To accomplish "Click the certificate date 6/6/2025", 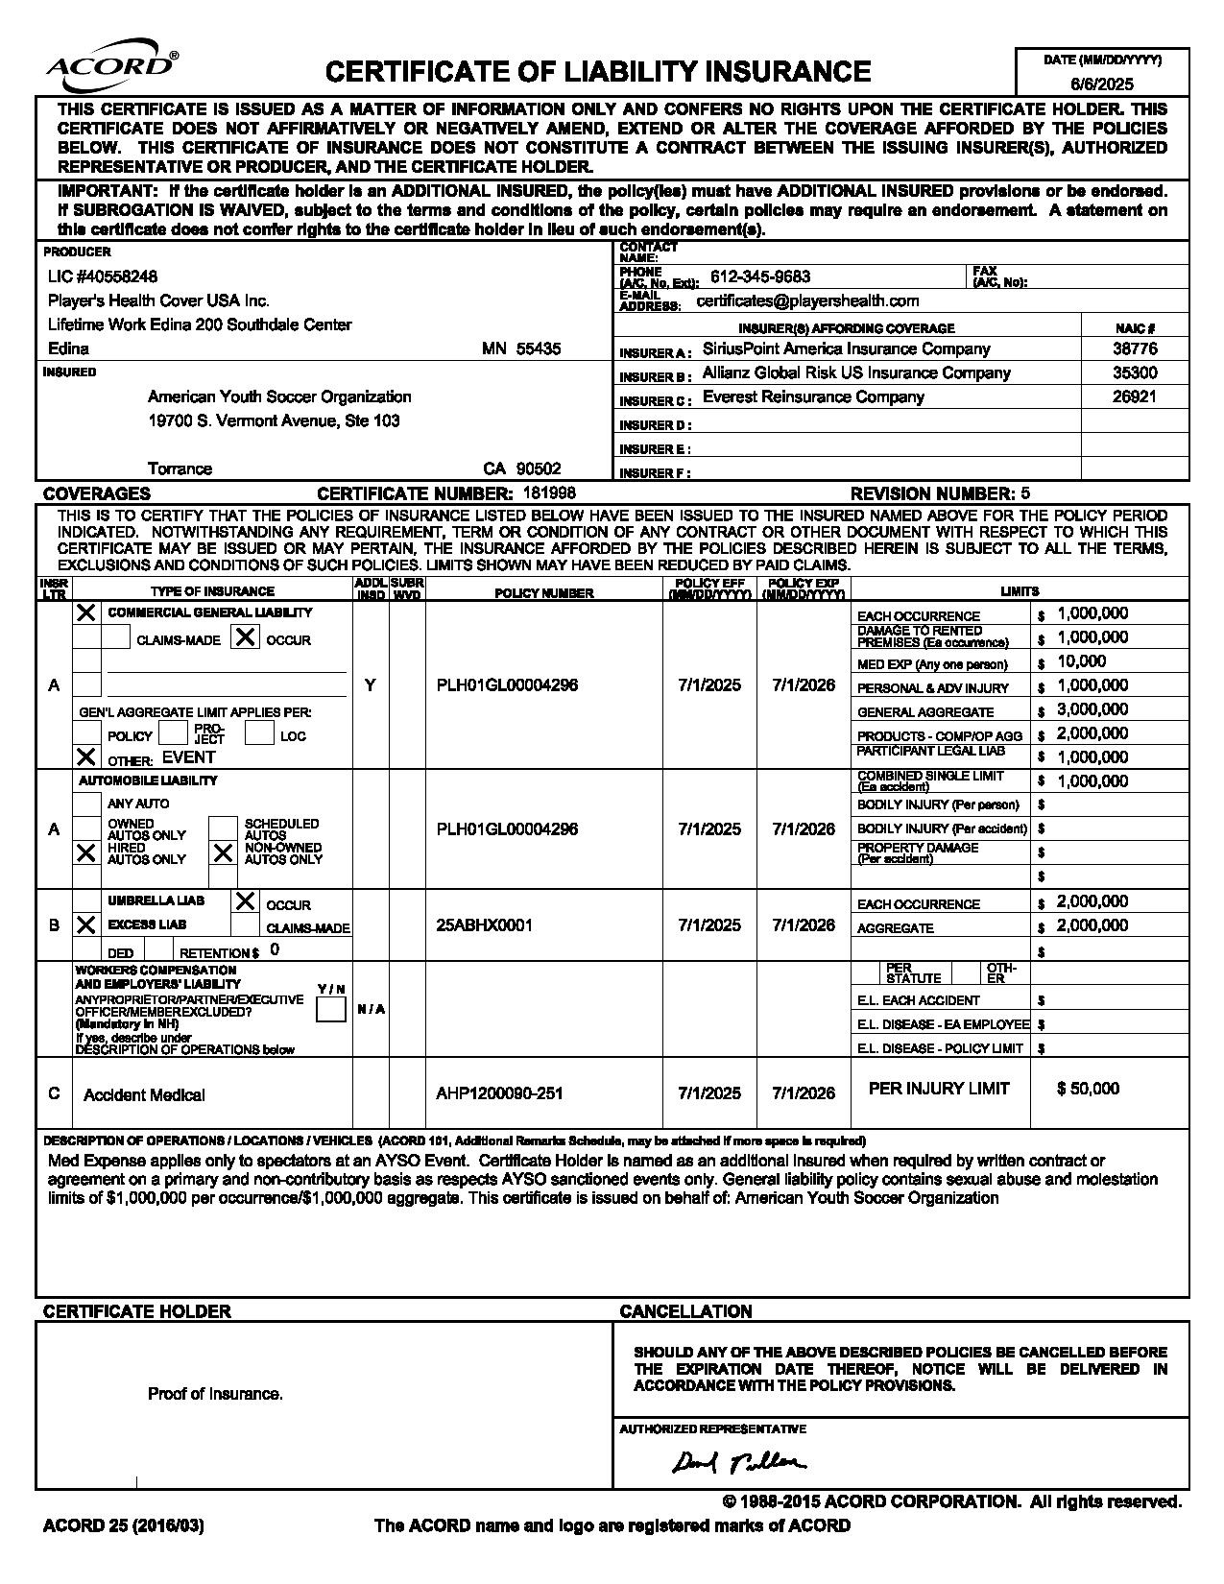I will tap(1102, 84).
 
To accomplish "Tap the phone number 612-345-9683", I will tap(760, 276).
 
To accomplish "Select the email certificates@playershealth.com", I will tap(807, 300).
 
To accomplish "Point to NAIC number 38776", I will tap(1135, 349).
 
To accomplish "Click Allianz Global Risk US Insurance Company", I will tap(856, 372).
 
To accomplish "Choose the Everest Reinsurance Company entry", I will tap(813, 396).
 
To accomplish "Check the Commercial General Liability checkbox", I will tap(86, 612).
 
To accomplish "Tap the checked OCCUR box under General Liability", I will tap(246, 636).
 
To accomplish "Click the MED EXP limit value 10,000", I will tap(1082, 661).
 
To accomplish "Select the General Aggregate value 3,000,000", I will tap(1092, 709).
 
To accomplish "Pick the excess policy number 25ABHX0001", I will tap(484, 925).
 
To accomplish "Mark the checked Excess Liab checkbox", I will tap(86, 924).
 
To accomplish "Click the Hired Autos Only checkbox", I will tap(86, 852).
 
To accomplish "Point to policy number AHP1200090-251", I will tap(499, 1093).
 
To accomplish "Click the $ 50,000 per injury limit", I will tap(1088, 1089).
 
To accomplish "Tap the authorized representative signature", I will tap(739, 1461).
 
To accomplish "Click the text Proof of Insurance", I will tap(215, 1394).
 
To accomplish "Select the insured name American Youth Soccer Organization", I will tap(279, 396).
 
